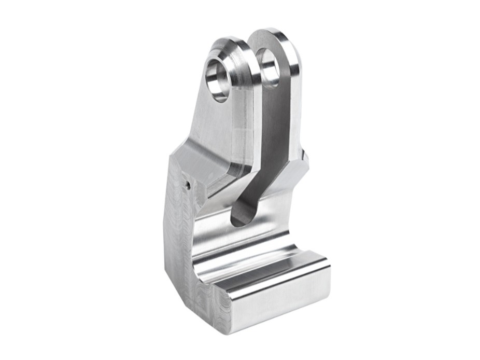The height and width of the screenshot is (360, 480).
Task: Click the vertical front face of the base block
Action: (x=280, y=306)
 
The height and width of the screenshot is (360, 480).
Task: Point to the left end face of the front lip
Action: (x=207, y=285)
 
